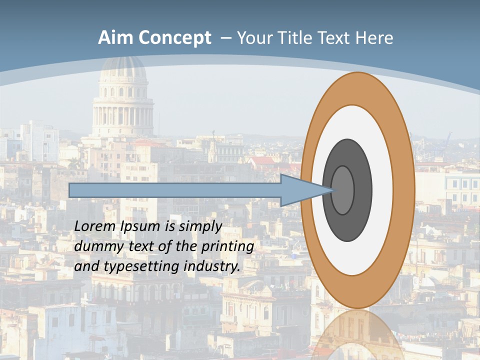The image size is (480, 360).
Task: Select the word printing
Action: click(x=227, y=247)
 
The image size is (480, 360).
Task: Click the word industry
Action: click(x=212, y=266)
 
